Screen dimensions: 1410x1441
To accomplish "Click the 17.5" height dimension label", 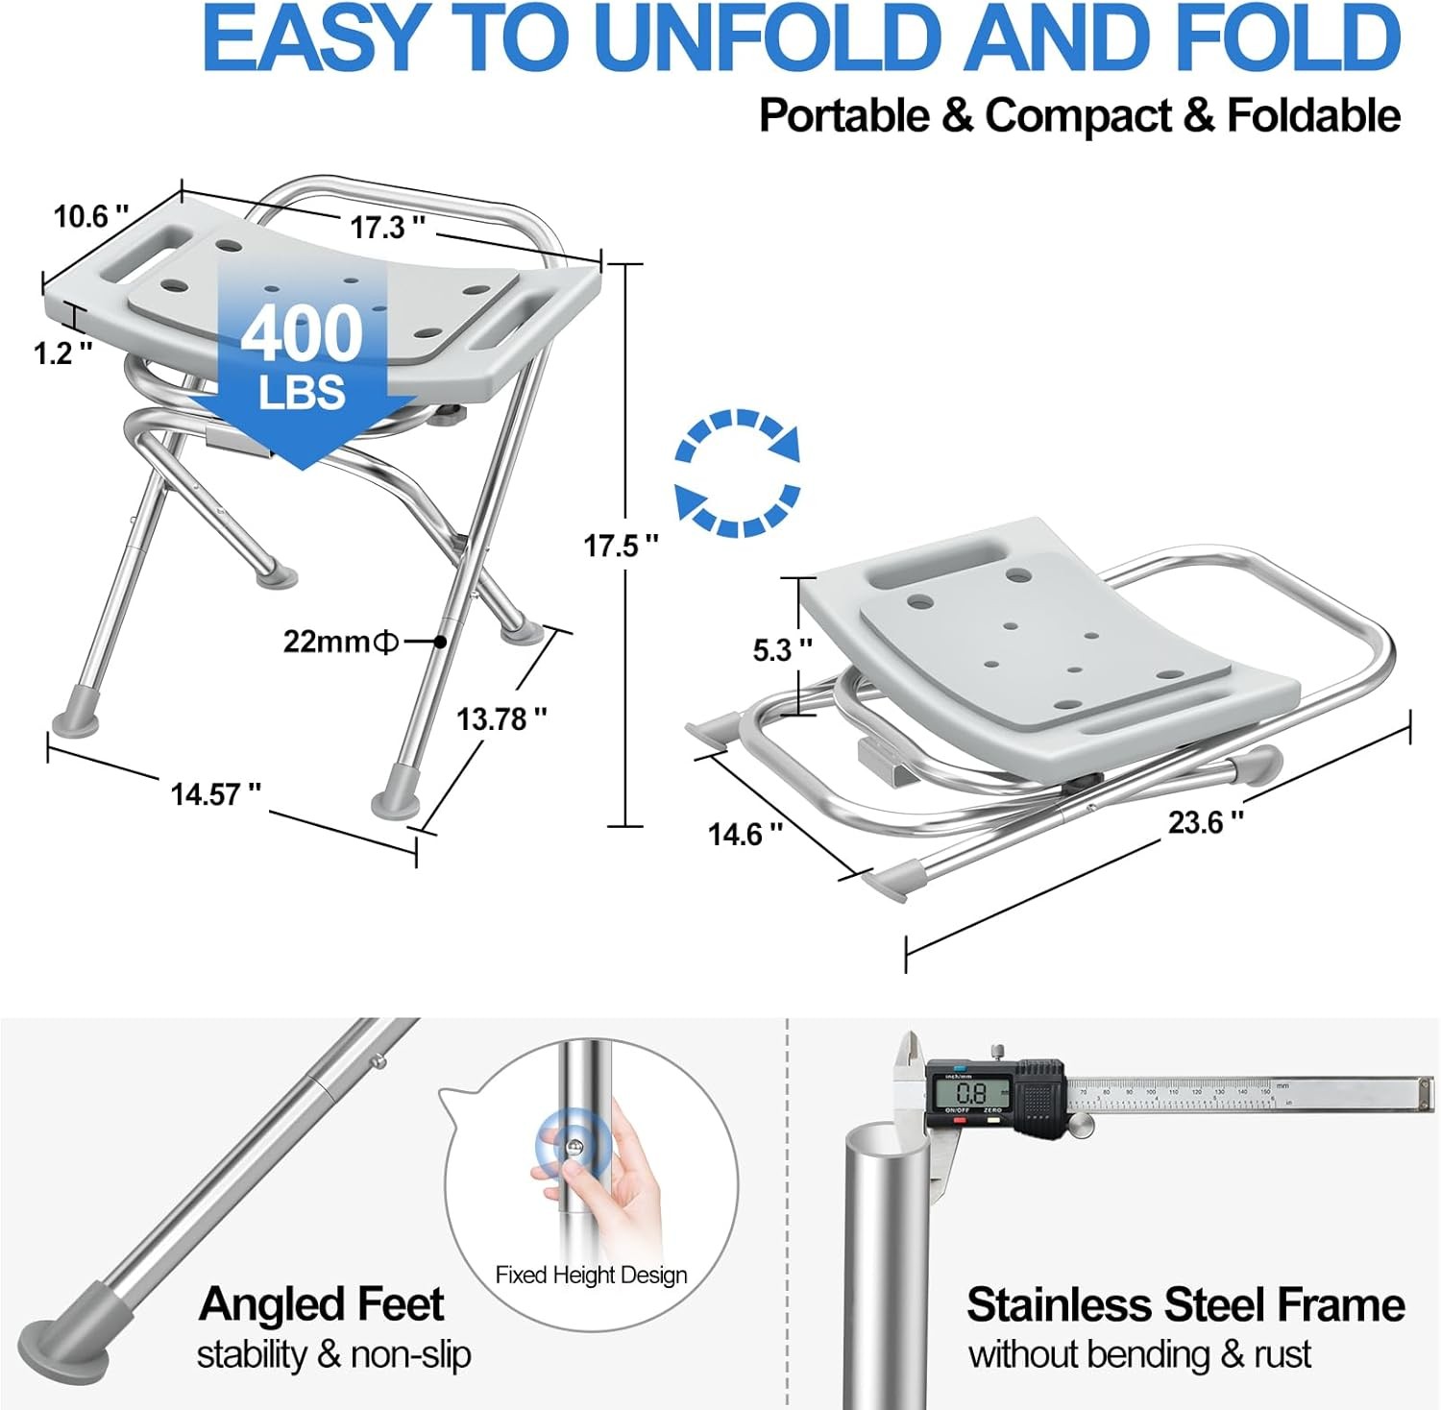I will coord(621,546).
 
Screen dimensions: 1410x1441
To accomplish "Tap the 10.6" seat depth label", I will coord(90,216).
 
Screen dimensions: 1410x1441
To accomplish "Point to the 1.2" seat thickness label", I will coord(62,353).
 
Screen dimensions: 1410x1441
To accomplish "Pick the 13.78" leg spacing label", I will coord(501,718).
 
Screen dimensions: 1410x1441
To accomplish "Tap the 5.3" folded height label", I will coord(781,650).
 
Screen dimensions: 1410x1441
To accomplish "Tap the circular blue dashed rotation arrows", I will coord(738,473).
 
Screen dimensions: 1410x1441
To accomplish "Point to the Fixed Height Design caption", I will coord(591,1275).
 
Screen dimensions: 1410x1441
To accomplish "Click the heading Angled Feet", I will coord(321,1304).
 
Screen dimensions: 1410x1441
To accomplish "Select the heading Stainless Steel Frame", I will coord(1185,1305).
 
